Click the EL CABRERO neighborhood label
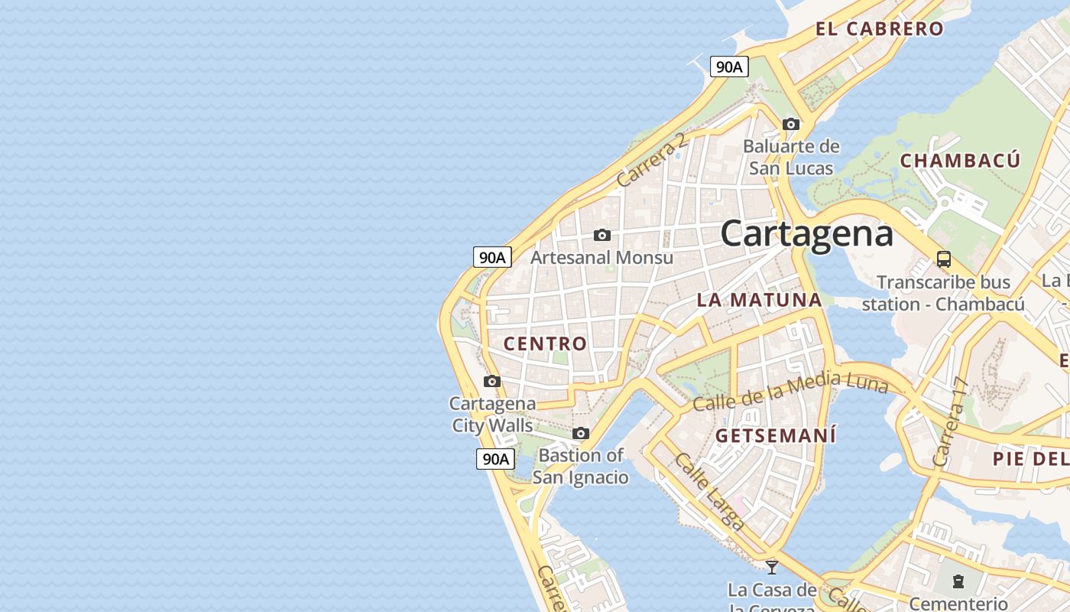(x=880, y=29)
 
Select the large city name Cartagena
(x=806, y=233)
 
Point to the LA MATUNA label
(x=759, y=300)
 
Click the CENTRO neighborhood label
(x=545, y=344)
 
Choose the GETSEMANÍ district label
(x=776, y=436)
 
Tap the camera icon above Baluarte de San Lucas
(x=791, y=124)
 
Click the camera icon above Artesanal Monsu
(x=602, y=235)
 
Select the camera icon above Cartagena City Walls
(x=492, y=381)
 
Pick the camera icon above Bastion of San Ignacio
(x=581, y=434)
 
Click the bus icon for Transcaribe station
(x=944, y=259)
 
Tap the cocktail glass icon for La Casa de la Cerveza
(x=772, y=567)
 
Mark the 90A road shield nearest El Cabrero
(x=728, y=67)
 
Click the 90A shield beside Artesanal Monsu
(x=491, y=257)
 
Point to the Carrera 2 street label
(x=652, y=160)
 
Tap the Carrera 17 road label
(x=951, y=423)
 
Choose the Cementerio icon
(x=958, y=581)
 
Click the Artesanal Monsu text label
(x=601, y=258)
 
